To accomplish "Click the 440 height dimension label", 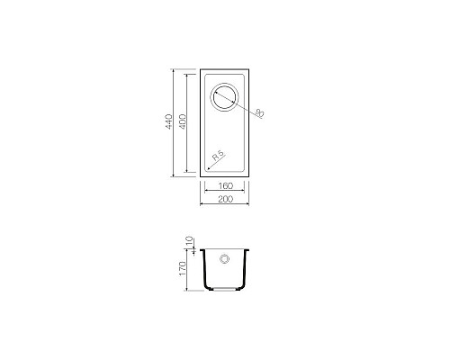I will [168, 122].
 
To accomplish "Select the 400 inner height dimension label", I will [182, 122].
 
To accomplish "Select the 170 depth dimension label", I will [182, 268].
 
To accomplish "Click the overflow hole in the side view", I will [223, 258].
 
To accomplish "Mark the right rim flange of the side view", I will [247, 249].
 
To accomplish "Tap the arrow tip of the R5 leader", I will [206, 170].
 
